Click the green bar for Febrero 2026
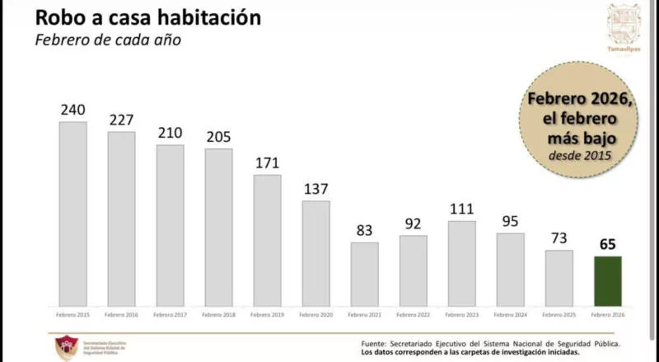pos(608,280)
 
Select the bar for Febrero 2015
pos(72,214)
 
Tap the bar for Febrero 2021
pos(364,273)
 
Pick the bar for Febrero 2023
pos(461,263)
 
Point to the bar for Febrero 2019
pos(267,240)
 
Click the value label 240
pos(72,110)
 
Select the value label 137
pos(315,189)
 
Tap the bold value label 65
pos(608,244)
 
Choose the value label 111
pos(461,209)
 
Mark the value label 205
pos(218,137)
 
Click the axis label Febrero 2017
pos(171,314)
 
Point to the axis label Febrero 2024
pos(510,314)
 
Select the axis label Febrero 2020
pos(315,314)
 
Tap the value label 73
pos(559,238)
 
